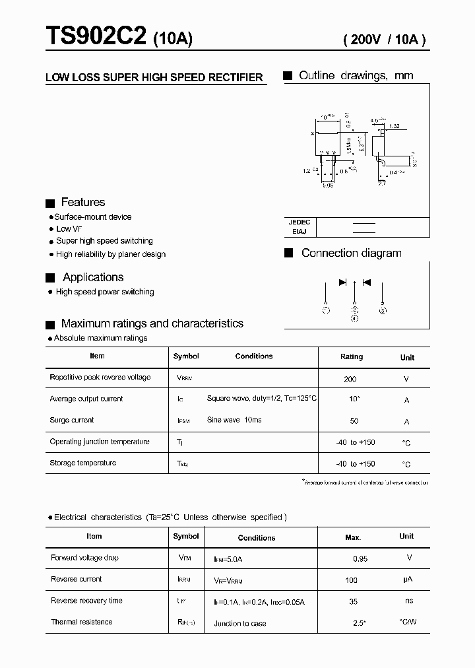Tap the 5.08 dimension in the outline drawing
tap(328, 185)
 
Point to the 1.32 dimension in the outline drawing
tap(395, 125)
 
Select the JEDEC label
tap(300, 222)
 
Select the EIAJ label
tap(300, 232)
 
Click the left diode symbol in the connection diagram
tap(342, 283)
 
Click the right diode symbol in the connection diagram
tap(367, 283)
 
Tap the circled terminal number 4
tap(355, 317)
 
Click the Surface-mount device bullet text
tap(92, 217)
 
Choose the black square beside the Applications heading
tap(49, 278)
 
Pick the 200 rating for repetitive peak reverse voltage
tap(350, 379)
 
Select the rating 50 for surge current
tap(354, 421)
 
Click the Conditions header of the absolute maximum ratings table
tap(254, 356)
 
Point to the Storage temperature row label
tap(82, 463)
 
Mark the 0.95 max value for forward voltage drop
tap(360, 558)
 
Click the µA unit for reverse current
tap(408, 580)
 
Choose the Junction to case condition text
tap(240, 623)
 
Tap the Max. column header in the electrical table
tap(353, 537)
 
